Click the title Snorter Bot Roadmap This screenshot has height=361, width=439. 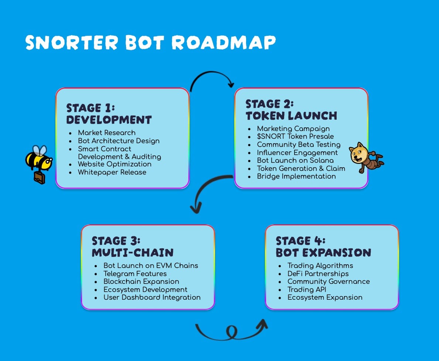click(150, 43)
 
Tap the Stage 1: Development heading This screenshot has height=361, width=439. click(109, 114)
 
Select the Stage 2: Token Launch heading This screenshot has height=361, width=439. click(291, 110)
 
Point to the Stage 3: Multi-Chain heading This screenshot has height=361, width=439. click(132, 247)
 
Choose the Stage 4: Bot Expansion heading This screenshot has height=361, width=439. click(323, 247)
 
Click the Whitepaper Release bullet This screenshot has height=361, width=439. click(112, 172)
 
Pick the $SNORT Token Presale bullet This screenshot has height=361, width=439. click(295, 137)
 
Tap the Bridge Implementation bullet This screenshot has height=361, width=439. click(296, 176)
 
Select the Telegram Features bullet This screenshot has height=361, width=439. click(135, 274)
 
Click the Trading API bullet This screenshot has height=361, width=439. click(307, 289)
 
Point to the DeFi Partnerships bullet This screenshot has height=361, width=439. click(318, 274)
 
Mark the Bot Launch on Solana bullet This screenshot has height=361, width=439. click(295, 161)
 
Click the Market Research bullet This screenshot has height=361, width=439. click(106, 133)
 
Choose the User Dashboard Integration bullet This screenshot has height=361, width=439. click(152, 298)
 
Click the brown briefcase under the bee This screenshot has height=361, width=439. click(39, 178)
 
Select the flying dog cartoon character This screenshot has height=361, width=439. click(364, 157)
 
